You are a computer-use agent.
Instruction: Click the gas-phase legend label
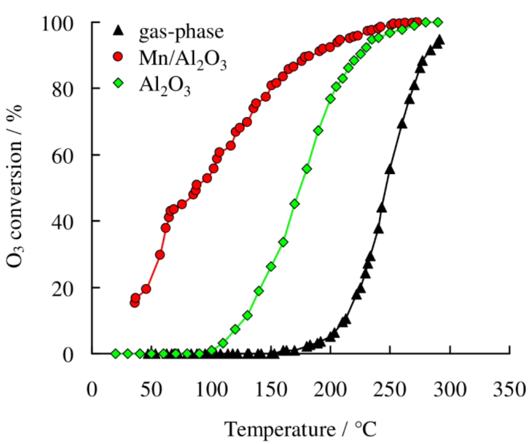[x=181, y=33]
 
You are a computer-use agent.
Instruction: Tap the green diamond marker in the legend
[x=118, y=83]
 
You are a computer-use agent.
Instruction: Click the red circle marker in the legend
[x=118, y=57]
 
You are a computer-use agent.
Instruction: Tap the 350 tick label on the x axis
[x=509, y=390]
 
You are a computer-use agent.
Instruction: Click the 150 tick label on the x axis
[x=271, y=390]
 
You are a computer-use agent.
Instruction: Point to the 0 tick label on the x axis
[x=92, y=390]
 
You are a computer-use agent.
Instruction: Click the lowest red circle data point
[x=135, y=303]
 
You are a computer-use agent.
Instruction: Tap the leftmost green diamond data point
[x=116, y=354]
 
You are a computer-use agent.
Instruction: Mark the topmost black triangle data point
[x=439, y=40]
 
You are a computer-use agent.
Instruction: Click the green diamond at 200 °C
[x=330, y=99]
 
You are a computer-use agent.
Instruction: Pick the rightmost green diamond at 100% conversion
[x=438, y=22]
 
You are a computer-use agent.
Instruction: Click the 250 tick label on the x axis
[x=390, y=390]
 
